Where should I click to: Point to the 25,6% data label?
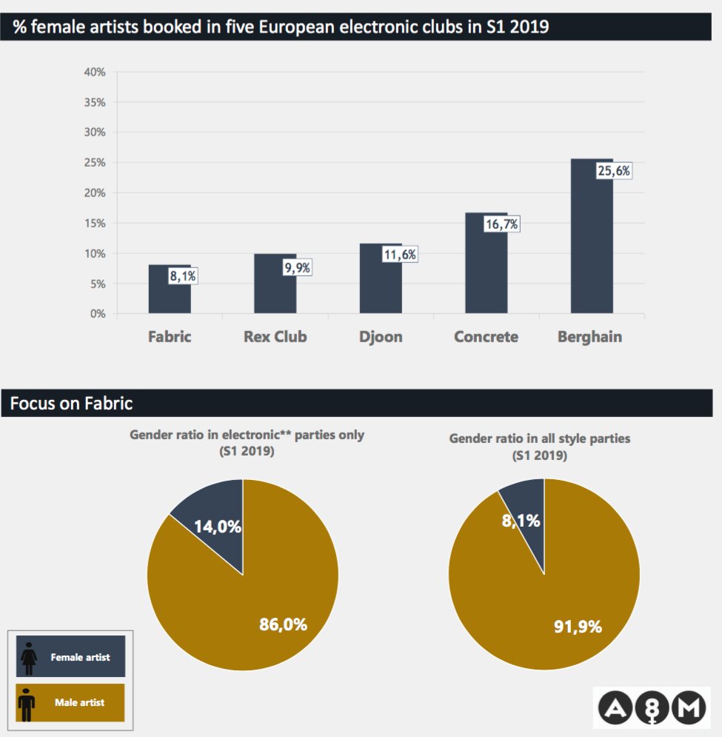point(614,170)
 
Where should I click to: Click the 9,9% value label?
point(297,267)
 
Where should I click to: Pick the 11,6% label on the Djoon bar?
point(400,255)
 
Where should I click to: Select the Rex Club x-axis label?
point(275,337)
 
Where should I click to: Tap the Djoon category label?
point(381,337)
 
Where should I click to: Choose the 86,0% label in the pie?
point(283,624)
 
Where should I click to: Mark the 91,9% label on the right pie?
point(578,627)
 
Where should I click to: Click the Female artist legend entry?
point(71,656)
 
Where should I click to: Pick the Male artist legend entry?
point(71,702)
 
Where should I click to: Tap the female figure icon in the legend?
point(30,657)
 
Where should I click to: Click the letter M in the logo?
point(690,708)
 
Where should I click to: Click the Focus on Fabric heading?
point(72,404)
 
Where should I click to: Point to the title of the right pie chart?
point(540,447)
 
